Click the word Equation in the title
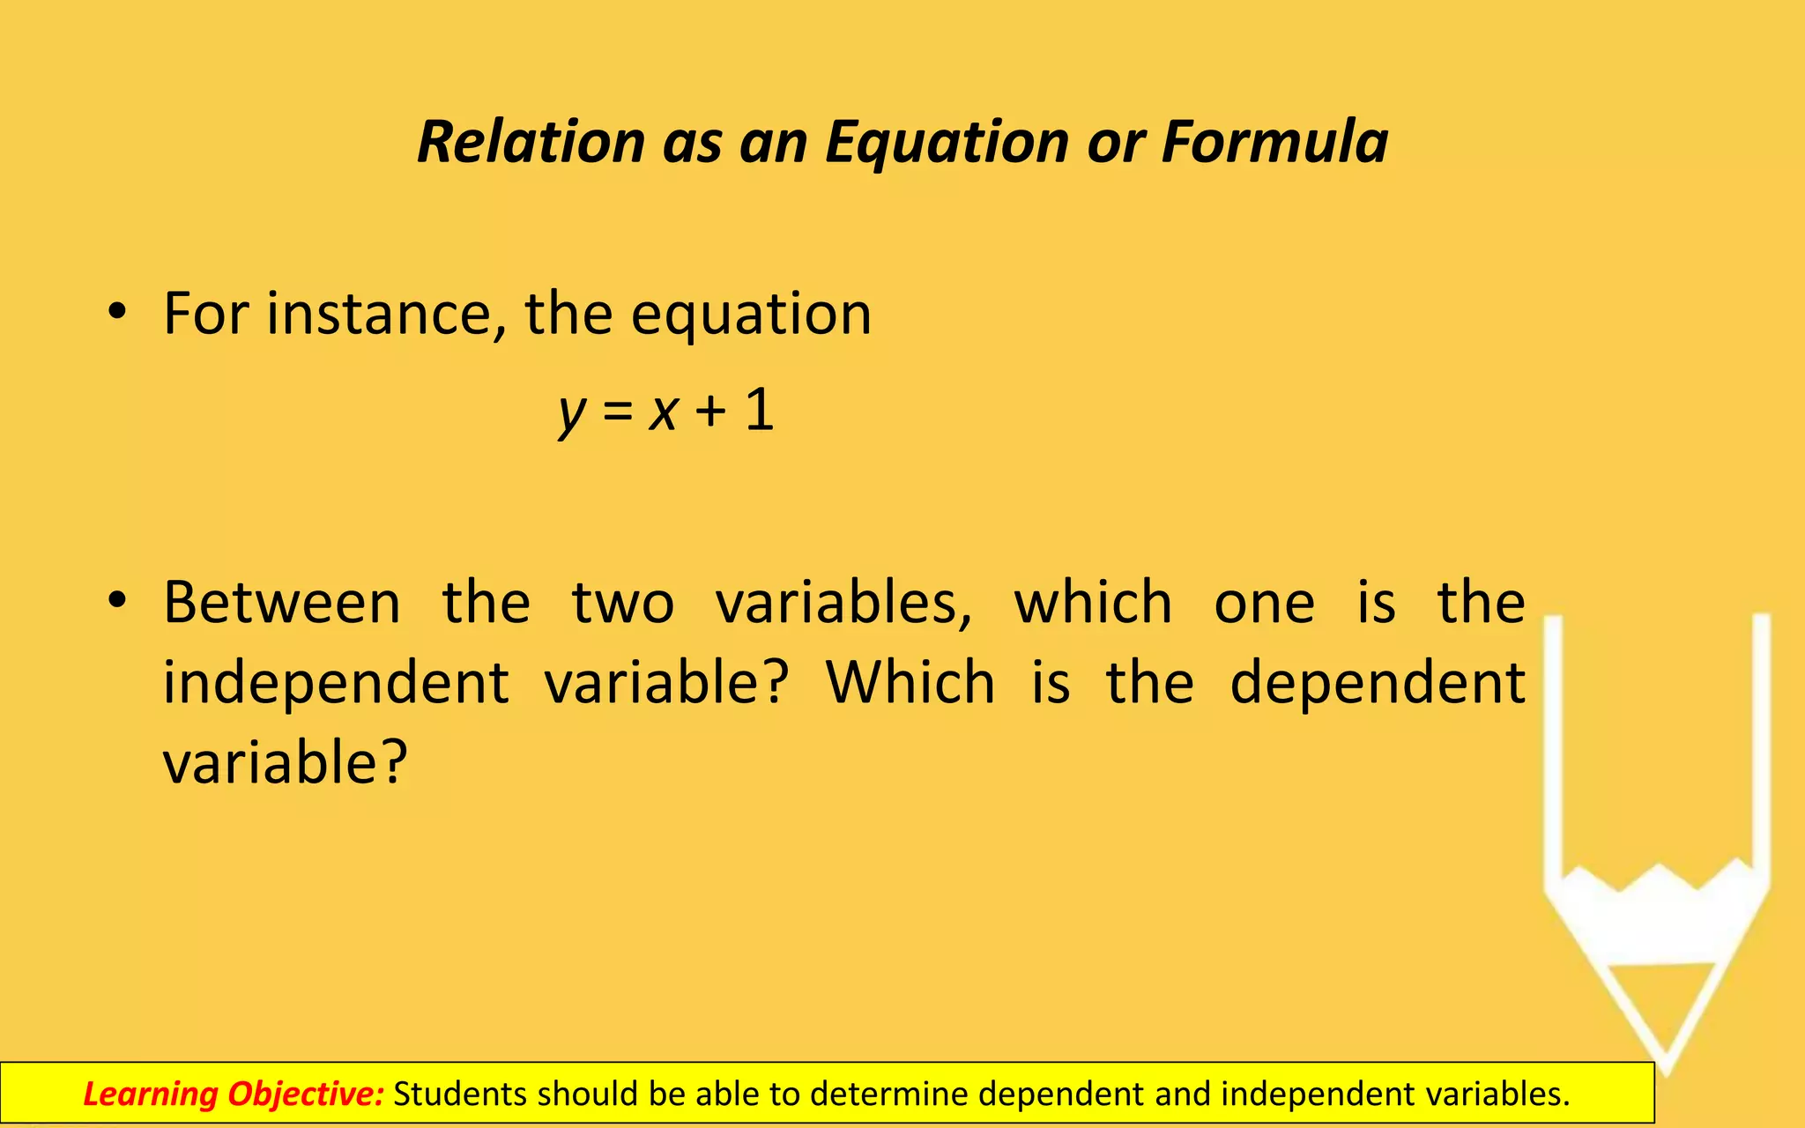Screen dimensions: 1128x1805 coord(947,142)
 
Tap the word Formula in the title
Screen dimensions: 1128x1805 coord(1274,142)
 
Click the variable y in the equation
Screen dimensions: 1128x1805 coord(572,412)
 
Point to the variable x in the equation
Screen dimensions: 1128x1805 coord(663,412)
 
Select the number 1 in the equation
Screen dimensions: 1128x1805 coord(760,410)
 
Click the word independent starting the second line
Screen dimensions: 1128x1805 coord(336,683)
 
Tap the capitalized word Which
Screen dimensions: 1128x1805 coord(910,683)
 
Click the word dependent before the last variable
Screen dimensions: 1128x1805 coord(1378,683)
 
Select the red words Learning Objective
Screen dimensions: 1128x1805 coord(234,1094)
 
